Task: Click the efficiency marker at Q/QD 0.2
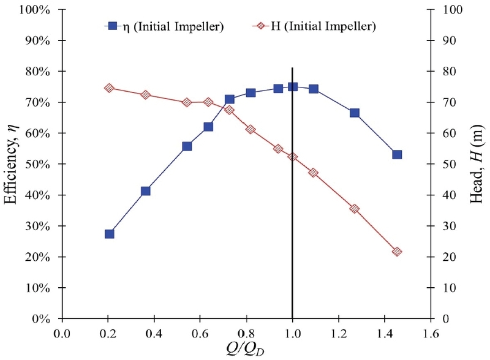pyautogui.click(x=110, y=234)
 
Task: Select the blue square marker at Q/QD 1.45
pyautogui.click(x=397, y=155)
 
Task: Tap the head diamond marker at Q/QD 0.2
pyautogui.click(x=110, y=88)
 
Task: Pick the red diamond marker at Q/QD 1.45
pyautogui.click(x=397, y=252)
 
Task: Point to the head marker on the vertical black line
pyautogui.click(x=293, y=157)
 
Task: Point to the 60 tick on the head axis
pyautogui.click(x=448, y=133)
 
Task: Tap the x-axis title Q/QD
pyautogui.click(x=246, y=350)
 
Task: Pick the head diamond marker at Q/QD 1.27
pyautogui.click(x=354, y=209)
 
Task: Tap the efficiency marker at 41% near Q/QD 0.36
pyautogui.click(x=146, y=191)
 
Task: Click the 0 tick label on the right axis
pyautogui.click(x=446, y=319)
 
